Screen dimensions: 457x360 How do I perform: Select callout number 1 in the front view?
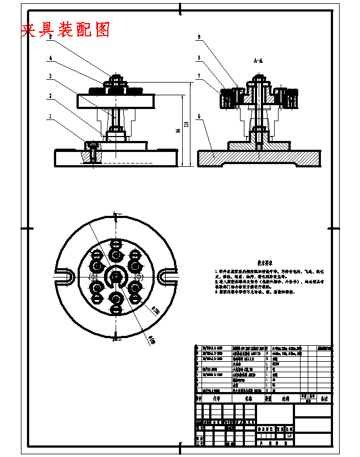[x=50, y=117]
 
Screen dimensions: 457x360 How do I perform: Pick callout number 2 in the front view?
[x=50, y=96]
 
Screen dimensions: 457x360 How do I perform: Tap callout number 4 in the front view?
[x=50, y=58]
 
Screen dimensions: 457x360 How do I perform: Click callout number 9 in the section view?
[x=199, y=37]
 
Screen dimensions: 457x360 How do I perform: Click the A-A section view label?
[x=258, y=62]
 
